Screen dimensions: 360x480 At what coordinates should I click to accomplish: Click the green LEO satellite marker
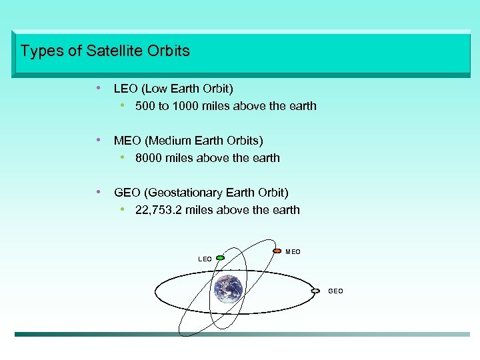pyautogui.click(x=221, y=257)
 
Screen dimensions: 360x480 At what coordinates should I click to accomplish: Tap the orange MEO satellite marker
pyautogui.click(x=277, y=251)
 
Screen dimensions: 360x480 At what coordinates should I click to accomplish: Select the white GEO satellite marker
pyautogui.click(x=315, y=291)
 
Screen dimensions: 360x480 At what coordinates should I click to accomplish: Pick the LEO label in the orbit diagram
pyautogui.click(x=205, y=259)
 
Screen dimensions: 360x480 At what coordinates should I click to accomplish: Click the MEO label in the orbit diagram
pyautogui.click(x=293, y=251)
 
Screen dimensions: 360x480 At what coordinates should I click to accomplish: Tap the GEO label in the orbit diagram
pyautogui.click(x=335, y=291)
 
